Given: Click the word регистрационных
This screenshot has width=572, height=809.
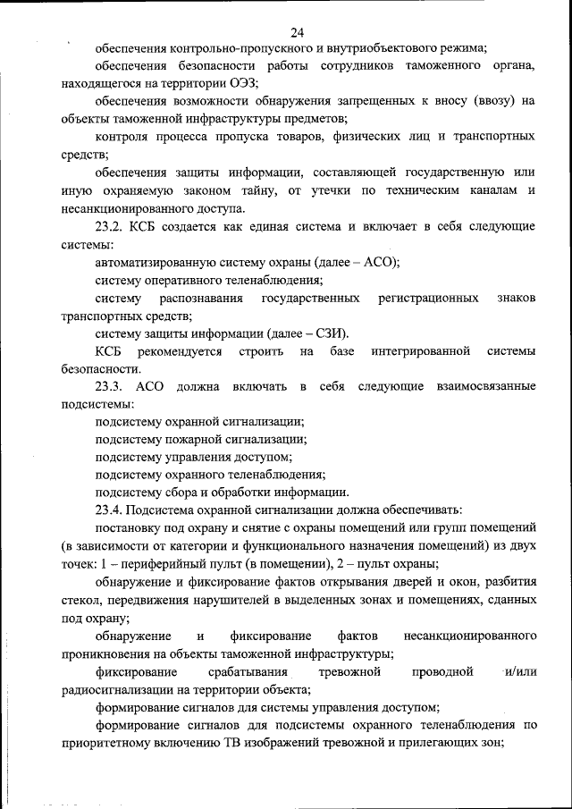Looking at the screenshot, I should tap(427, 297).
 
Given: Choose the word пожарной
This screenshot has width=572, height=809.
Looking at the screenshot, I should tap(195, 439).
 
